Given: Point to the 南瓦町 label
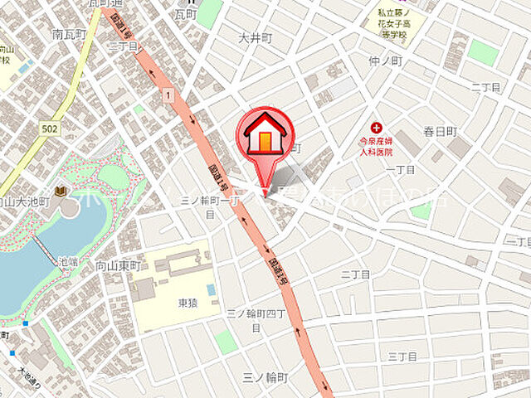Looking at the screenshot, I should click(x=69, y=35).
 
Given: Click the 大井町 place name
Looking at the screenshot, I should click(x=255, y=38).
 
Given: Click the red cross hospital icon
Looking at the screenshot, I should click(x=378, y=127).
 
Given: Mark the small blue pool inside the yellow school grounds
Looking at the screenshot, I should click(x=212, y=289).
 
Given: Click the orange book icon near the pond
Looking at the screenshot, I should click(x=60, y=192).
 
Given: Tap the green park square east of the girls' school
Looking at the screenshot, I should click(x=482, y=51).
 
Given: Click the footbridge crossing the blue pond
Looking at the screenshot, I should click(x=46, y=249).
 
